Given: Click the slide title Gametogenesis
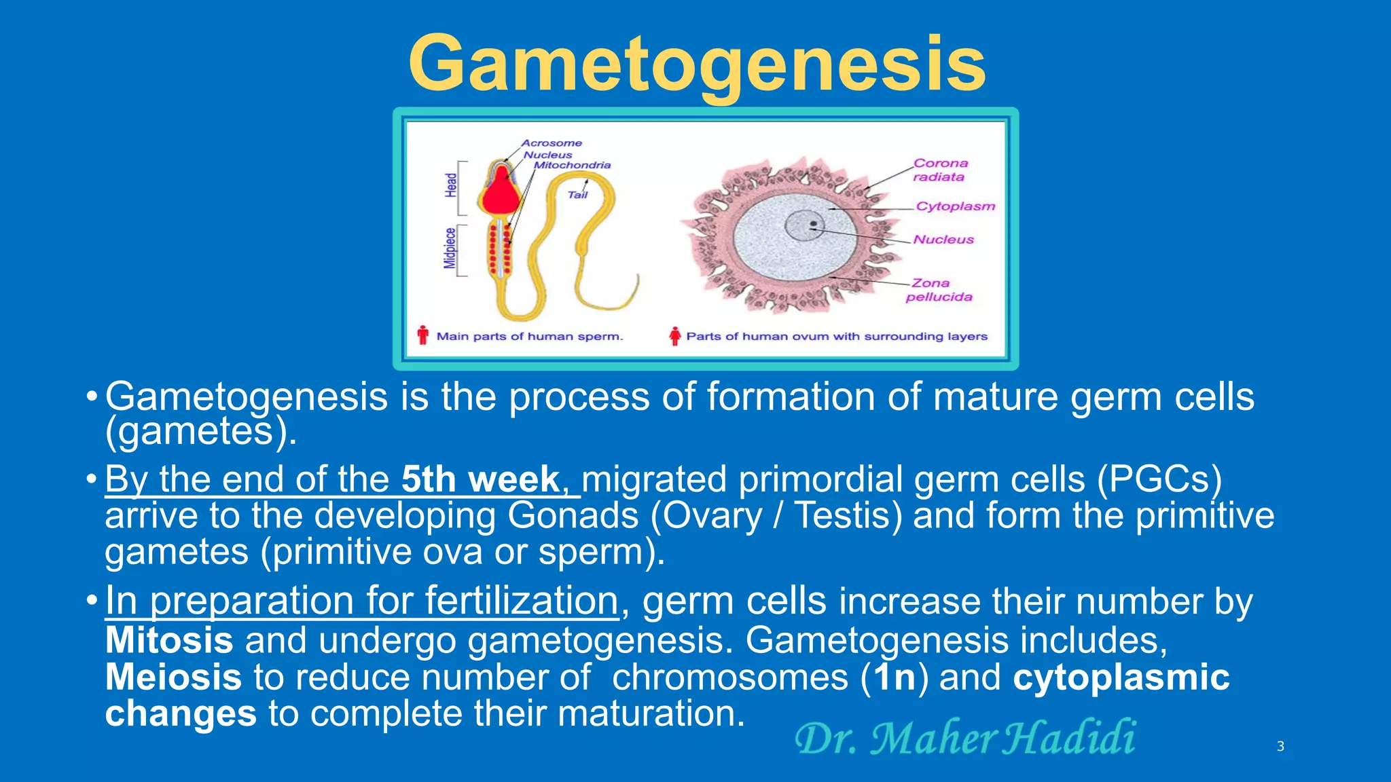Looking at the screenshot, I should point(697,64).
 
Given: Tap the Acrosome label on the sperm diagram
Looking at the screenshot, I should point(552,143).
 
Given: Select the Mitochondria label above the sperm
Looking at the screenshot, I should point(572,165).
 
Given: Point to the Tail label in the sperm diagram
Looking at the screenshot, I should point(577,195).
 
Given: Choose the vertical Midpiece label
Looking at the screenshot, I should point(450,248).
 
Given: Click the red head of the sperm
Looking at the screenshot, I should point(501,192).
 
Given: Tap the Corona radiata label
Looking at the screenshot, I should point(940,170).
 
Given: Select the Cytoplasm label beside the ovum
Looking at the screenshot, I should point(955,206).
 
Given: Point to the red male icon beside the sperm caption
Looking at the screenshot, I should point(423,335).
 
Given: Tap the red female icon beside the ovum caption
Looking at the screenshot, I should point(674,336).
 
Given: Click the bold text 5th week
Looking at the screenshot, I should point(480,479).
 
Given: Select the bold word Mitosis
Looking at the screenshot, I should point(170,640).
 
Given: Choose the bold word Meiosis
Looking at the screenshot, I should point(174,677).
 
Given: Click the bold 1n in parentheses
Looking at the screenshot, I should point(895,677).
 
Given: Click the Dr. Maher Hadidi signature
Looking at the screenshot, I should point(965,738).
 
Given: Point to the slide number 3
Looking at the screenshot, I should point(1280,746).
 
